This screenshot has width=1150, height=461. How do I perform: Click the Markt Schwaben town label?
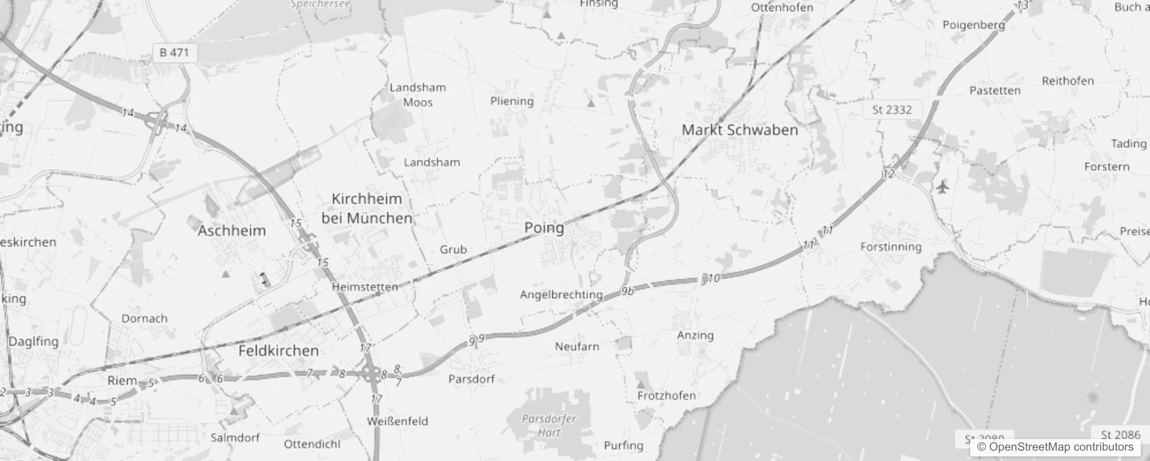(x=740, y=130)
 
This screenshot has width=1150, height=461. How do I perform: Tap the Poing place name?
(x=544, y=228)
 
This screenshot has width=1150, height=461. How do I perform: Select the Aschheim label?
(x=232, y=231)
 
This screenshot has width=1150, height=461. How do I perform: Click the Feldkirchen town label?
(x=278, y=351)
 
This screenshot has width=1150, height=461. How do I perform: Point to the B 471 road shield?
(x=174, y=52)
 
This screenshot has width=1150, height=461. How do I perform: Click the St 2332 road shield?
(x=892, y=109)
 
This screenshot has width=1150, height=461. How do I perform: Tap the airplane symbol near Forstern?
(x=943, y=187)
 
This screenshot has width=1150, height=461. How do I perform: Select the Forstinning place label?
(x=891, y=247)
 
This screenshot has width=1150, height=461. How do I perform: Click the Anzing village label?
(x=695, y=335)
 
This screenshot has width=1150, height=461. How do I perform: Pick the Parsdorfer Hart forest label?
(x=548, y=425)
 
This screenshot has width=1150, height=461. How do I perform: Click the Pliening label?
(x=512, y=101)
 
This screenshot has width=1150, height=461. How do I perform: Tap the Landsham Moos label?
(x=418, y=95)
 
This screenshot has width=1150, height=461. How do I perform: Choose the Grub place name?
(x=453, y=250)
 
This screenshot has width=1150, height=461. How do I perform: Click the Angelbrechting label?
(x=561, y=294)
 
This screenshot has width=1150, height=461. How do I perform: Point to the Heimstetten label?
(x=365, y=286)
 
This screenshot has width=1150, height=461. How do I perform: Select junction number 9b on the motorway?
(x=627, y=291)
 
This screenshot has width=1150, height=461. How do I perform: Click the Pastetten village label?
(x=994, y=90)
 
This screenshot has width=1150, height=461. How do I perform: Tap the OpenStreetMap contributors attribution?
(x=1055, y=447)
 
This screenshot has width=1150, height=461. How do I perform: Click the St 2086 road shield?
(x=1120, y=434)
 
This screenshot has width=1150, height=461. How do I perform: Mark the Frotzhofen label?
(x=666, y=395)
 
